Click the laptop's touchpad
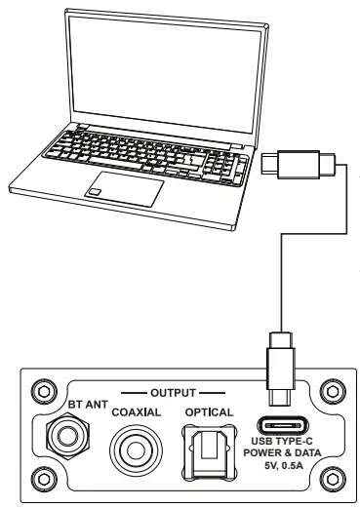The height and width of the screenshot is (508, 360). tap(125, 189)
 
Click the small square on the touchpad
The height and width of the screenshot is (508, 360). tap(95, 191)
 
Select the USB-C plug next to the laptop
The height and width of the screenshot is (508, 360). tap(299, 165)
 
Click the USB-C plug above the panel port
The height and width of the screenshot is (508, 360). tap(281, 369)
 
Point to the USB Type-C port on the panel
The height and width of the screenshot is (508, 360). tap(283, 425)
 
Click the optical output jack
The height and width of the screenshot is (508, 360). tap(208, 451)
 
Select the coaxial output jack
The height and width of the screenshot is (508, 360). tap(136, 450)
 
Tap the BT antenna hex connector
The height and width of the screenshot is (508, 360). tap(67, 436)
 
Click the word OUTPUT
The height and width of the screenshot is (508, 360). tap(173, 393)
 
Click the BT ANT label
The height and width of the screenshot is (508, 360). tap(88, 405)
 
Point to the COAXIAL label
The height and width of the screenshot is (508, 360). tap(137, 412)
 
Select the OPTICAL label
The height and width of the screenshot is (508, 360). tap(209, 412)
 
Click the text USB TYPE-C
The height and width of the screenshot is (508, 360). tap(282, 441)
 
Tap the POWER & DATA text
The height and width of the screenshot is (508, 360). tap(282, 452)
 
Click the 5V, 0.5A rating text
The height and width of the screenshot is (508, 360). tap(284, 466)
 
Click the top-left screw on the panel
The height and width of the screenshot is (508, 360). tap(44, 392)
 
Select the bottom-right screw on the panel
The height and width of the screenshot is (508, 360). tap(332, 479)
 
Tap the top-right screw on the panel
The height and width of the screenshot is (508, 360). tap(332, 392)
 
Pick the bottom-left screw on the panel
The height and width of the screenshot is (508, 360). tap(44, 479)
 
